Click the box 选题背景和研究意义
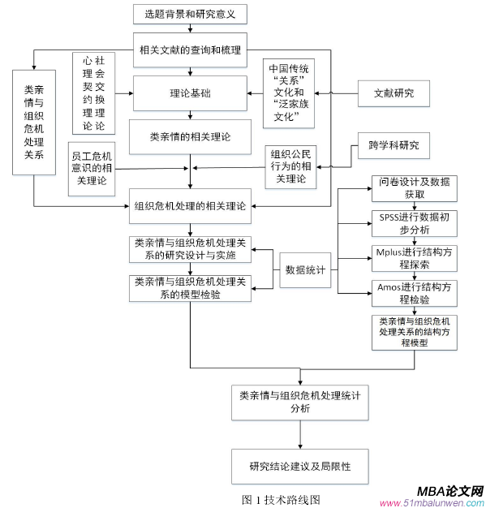tap(190, 14)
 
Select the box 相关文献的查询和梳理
tap(190, 50)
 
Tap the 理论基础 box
tap(190, 93)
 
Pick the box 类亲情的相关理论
tap(190, 136)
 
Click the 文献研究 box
tap(393, 93)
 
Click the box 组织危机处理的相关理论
tap(190, 206)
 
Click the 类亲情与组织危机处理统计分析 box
tap(299, 402)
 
